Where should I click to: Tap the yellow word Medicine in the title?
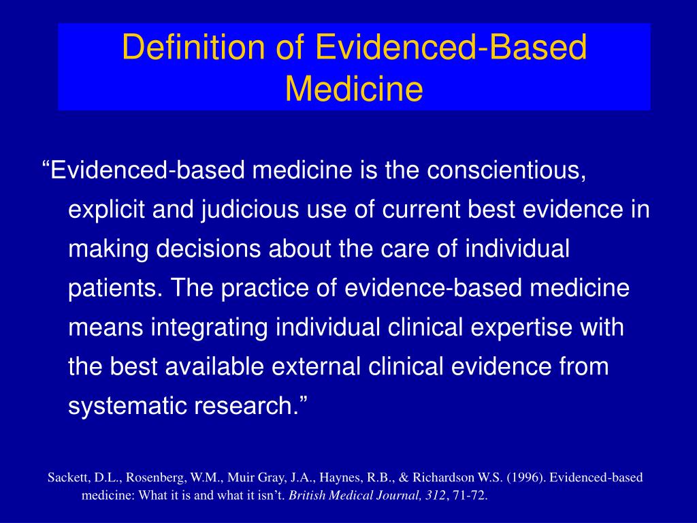(x=354, y=89)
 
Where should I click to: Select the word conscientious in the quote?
(x=506, y=170)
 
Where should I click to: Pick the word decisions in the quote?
(x=208, y=249)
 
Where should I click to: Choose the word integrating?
(x=210, y=328)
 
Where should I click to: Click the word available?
(x=214, y=367)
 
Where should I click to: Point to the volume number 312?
(x=435, y=496)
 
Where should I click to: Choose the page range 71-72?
(x=470, y=496)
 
